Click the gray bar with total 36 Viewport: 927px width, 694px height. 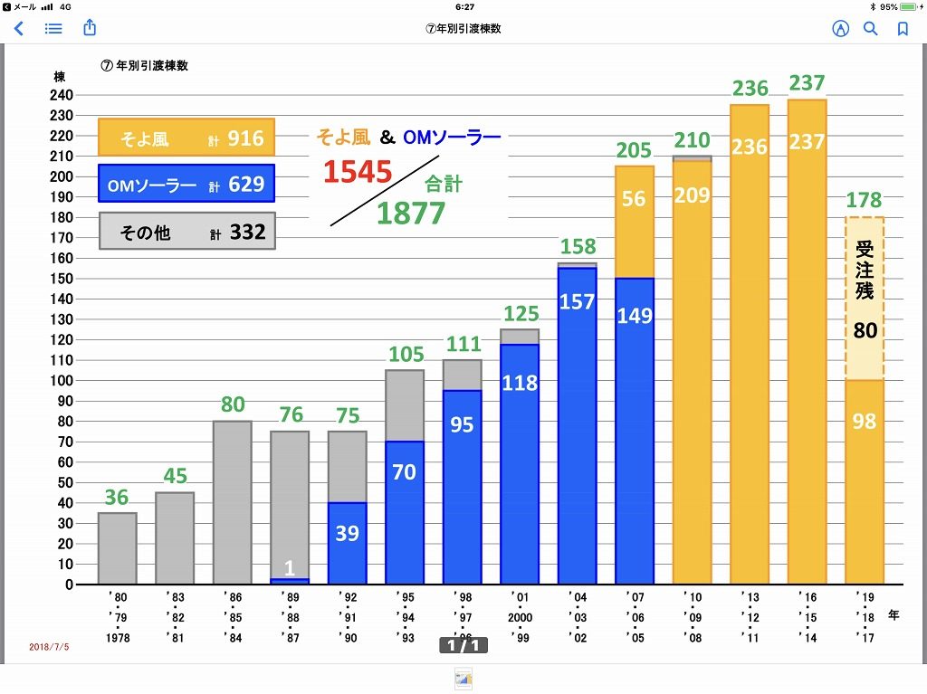point(118,548)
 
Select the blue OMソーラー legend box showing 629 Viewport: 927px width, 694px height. point(186,185)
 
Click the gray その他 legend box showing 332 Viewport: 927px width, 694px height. point(186,232)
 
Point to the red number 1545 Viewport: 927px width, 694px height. point(358,172)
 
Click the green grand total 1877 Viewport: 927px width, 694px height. point(411,213)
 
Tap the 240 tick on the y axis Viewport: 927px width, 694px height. point(62,95)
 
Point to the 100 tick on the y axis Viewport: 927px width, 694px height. point(62,381)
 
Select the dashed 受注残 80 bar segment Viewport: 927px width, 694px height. point(865,299)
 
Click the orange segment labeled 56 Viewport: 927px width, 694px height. point(634,222)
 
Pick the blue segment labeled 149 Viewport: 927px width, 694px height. point(634,430)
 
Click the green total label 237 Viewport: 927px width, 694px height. point(807,83)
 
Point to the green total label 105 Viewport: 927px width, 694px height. point(406,355)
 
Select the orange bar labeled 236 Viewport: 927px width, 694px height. point(750,344)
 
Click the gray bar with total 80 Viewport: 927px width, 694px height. point(233,502)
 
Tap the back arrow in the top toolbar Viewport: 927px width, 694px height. point(19,28)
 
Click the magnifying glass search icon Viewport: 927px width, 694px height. point(871,28)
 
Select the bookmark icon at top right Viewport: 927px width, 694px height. point(903,28)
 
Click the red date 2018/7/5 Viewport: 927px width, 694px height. point(49,647)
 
